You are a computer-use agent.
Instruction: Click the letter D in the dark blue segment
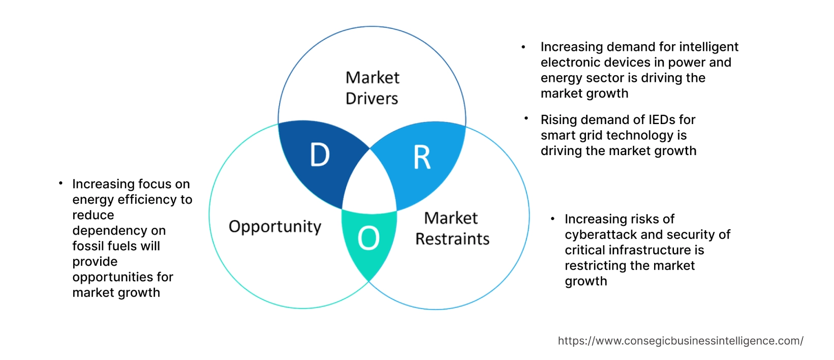pyautogui.click(x=320, y=155)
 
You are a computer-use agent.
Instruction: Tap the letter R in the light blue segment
pyautogui.click(x=422, y=157)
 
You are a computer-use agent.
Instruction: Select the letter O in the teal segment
pyautogui.click(x=368, y=238)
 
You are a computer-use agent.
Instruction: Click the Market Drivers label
pyautogui.click(x=372, y=88)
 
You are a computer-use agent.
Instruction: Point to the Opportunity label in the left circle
pyautogui.click(x=274, y=226)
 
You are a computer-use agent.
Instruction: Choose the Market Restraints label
pyautogui.click(x=452, y=228)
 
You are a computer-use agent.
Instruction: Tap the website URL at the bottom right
pyautogui.click(x=680, y=341)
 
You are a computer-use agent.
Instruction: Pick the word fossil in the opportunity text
pyautogui.click(x=90, y=246)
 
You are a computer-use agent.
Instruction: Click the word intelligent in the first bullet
pyautogui.click(x=708, y=47)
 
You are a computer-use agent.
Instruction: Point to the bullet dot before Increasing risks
pyautogui.click(x=552, y=219)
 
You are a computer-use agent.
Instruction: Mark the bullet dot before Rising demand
pyautogui.click(x=526, y=118)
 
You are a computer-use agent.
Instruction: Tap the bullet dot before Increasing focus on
pyautogui.click(x=60, y=183)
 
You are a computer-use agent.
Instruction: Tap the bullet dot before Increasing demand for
pyautogui.click(x=523, y=47)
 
